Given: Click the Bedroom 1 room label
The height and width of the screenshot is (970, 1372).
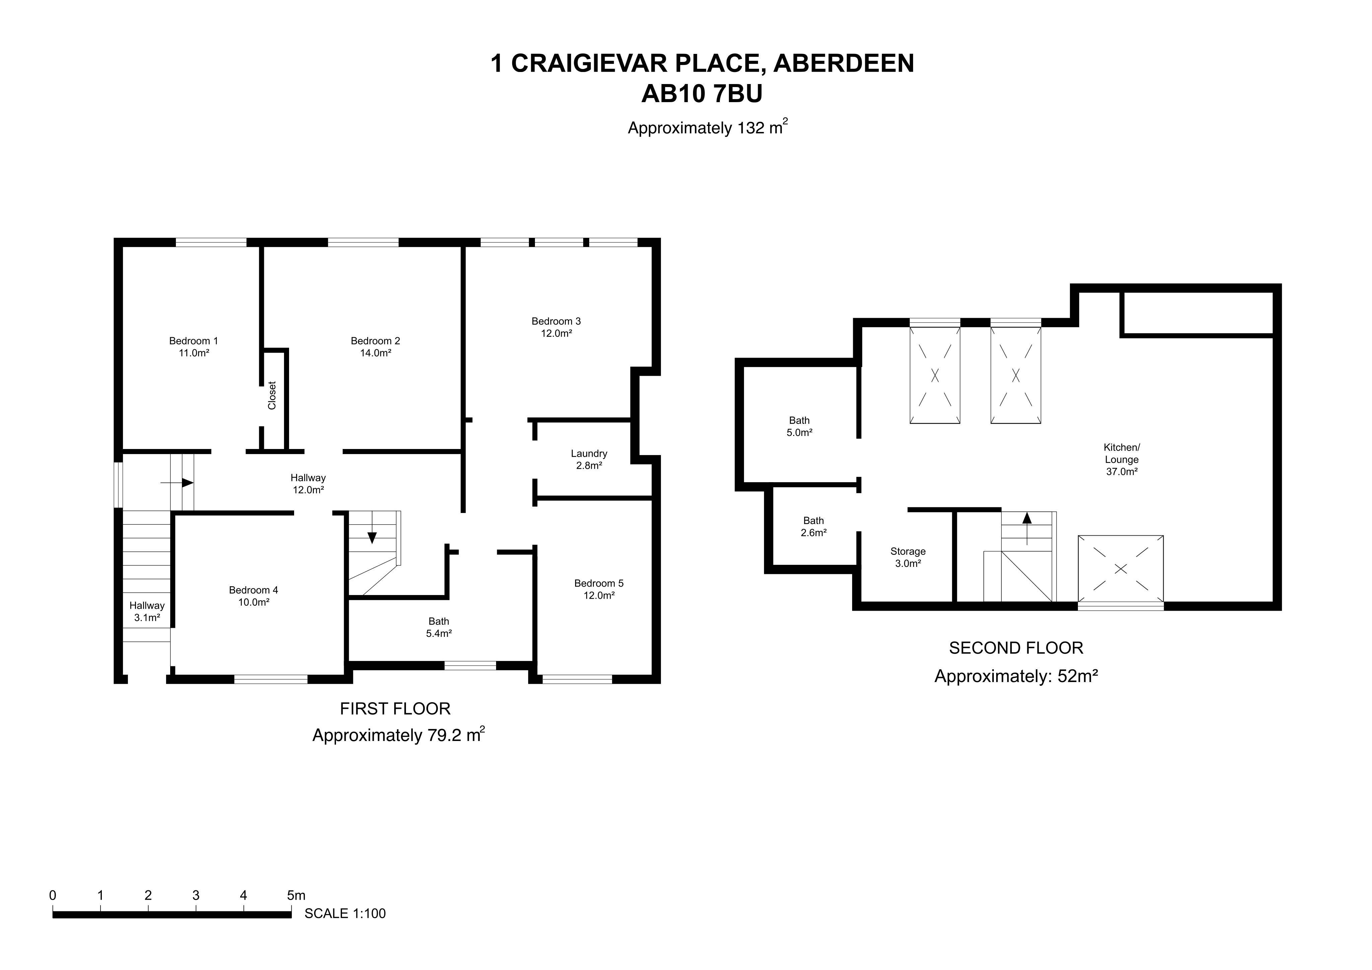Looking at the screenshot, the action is [194, 347].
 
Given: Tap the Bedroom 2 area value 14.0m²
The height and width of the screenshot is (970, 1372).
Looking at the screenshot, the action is [375, 353].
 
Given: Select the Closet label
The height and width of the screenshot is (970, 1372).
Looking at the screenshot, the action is [272, 395].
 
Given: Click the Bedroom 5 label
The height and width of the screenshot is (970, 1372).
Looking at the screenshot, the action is [599, 589].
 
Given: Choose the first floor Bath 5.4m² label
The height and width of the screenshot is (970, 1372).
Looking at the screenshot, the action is [438, 627].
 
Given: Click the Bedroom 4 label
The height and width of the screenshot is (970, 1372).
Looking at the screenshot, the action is [253, 596].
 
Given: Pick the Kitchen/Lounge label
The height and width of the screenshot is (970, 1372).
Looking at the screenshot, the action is [1122, 459].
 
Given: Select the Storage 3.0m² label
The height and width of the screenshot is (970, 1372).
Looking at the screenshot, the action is [908, 557].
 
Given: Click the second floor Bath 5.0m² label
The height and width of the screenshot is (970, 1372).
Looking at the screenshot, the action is [800, 427].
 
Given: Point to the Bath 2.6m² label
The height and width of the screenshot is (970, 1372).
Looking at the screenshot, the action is [813, 527].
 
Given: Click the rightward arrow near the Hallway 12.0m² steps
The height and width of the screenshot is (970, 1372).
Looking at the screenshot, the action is [178, 482].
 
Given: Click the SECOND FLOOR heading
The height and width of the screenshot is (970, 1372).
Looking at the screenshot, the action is [1016, 648].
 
